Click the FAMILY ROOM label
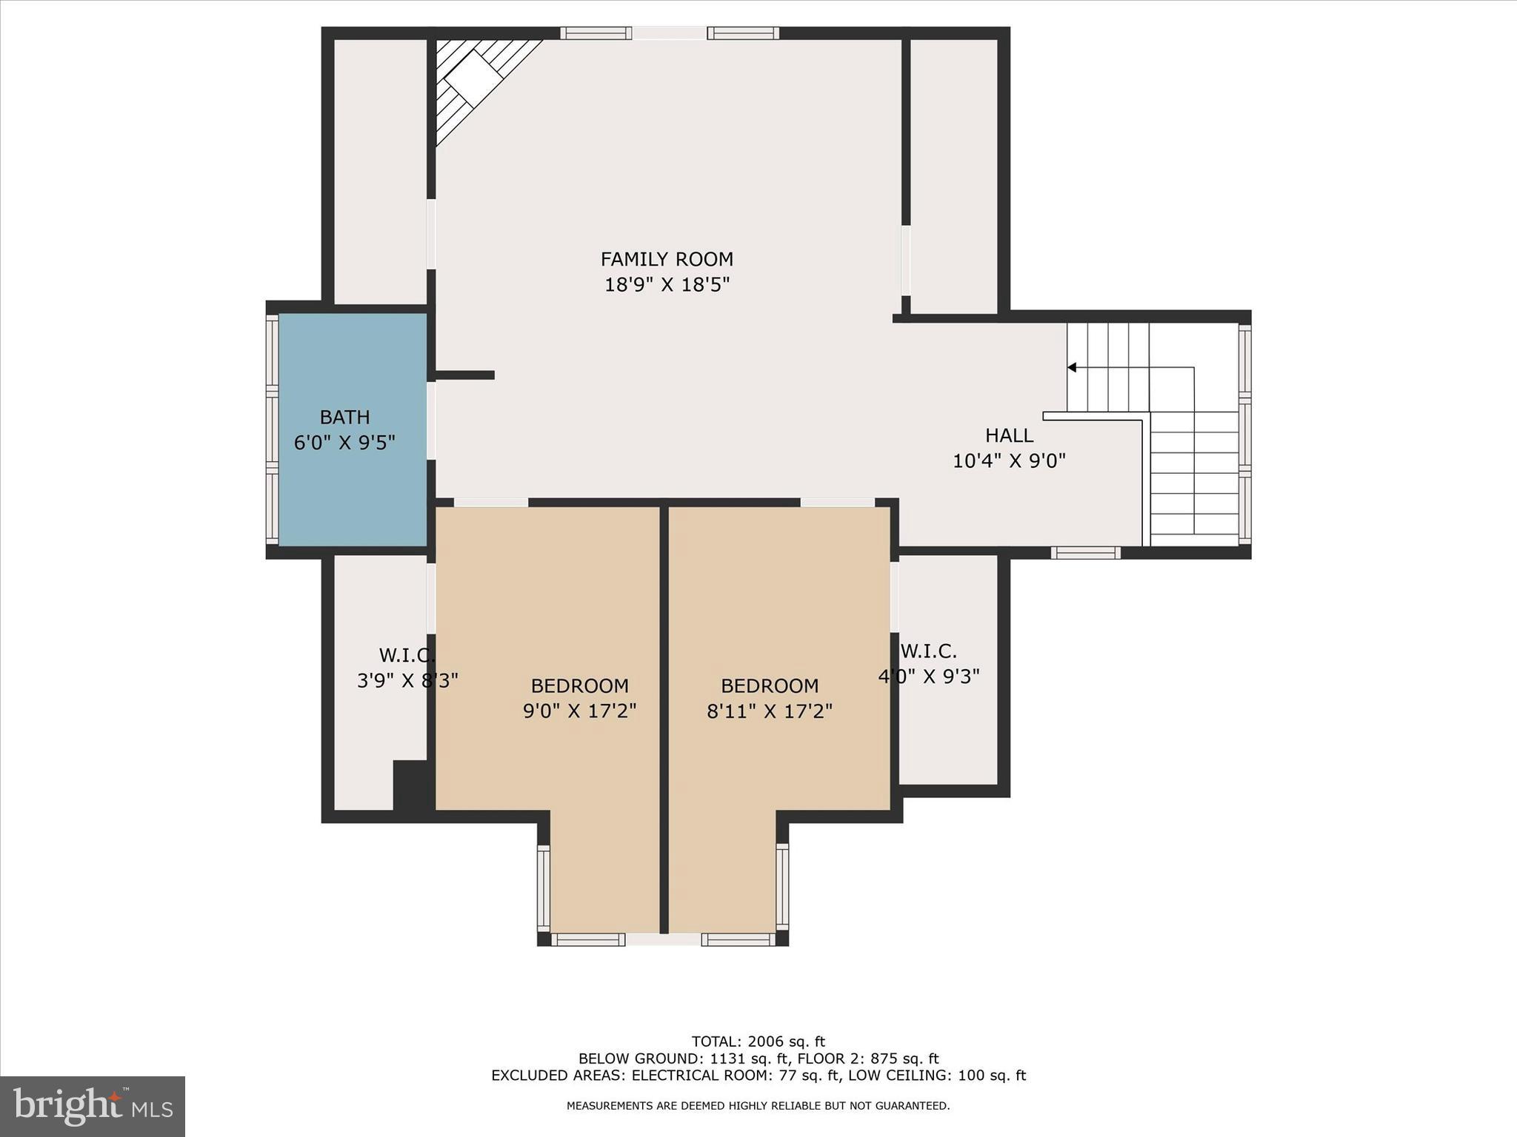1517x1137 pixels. click(x=667, y=259)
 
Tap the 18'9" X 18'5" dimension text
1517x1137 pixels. click(x=667, y=285)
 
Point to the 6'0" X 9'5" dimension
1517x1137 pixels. click(x=344, y=443)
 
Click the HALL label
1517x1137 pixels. click(x=1009, y=435)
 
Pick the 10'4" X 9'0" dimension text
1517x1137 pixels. click(x=1009, y=461)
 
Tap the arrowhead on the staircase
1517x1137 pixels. click(x=1072, y=367)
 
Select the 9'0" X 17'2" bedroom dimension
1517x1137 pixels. click(x=579, y=711)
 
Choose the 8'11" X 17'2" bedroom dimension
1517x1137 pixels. click(x=770, y=711)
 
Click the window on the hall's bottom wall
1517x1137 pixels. click(x=1086, y=552)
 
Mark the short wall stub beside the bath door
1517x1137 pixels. click(x=464, y=375)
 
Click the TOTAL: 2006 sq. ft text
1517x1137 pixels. click(x=758, y=1042)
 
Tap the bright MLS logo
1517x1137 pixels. click(x=93, y=1106)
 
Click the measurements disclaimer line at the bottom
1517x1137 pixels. click(x=758, y=1106)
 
